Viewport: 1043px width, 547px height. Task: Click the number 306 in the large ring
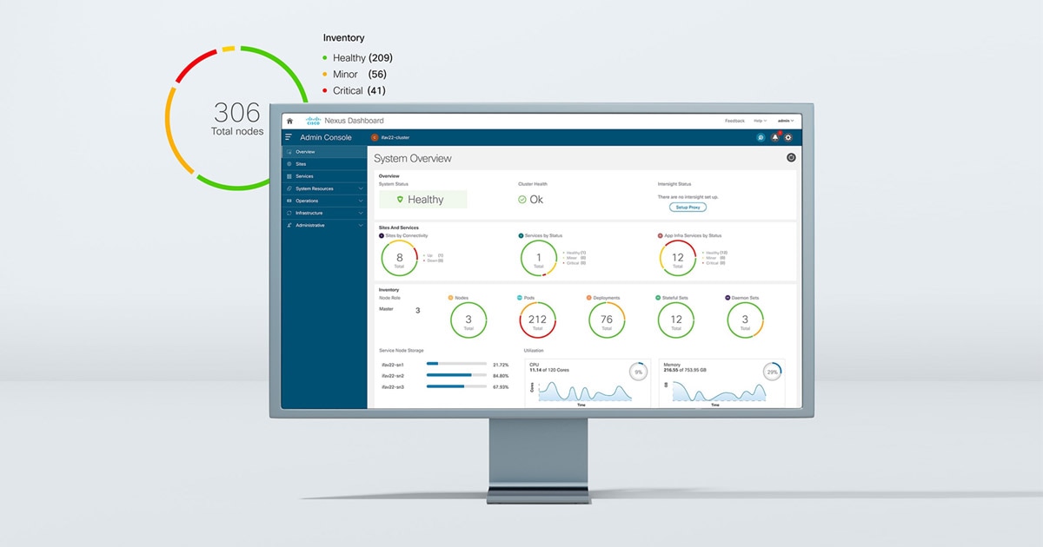pyautogui.click(x=236, y=113)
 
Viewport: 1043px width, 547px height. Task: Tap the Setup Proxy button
pyautogui.click(x=688, y=208)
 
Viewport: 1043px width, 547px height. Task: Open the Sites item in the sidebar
pyautogui.click(x=301, y=164)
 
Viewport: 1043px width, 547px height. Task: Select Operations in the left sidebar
pyautogui.click(x=307, y=201)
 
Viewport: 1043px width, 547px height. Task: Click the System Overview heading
pyautogui.click(x=413, y=159)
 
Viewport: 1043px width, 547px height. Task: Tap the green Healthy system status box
pyautogui.click(x=422, y=200)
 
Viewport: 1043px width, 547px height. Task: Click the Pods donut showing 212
pyautogui.click(x=537, y=320)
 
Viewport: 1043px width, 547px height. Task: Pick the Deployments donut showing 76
pyautogui.click(x=606, y=320)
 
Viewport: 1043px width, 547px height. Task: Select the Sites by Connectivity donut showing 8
pyautogui.click(x=400, y=258)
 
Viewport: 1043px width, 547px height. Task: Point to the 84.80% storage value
pyautogui.click(x=501, y=376)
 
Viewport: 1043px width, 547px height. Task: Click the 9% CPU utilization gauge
pyautogui.click(x=638, y=372)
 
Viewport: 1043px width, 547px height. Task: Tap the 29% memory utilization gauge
pyautogui.click(x=772, y=372)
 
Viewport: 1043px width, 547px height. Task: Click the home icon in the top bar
pyautogui.click(x=289, y=121)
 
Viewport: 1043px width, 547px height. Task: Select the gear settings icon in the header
pyautogui.click(x=788, y=137)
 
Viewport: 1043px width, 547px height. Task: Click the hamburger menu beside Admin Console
pyautogui.click(x=289, y=137)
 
